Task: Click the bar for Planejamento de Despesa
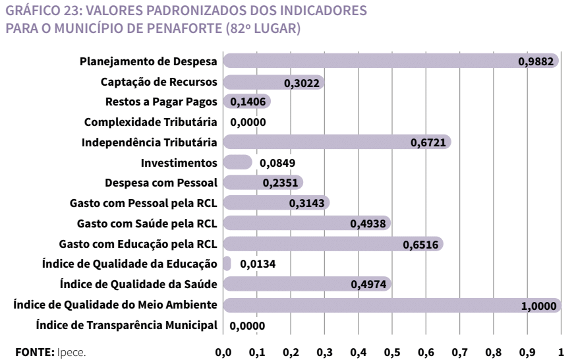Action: click(369, 61)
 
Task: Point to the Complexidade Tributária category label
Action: click(150, 122)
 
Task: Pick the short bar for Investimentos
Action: click(237, 162)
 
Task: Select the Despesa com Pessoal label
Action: click(161, 183)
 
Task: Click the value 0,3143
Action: click(305, 204)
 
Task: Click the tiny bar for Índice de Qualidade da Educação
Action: click(227, 264)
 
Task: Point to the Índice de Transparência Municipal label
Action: click(127, 324)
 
